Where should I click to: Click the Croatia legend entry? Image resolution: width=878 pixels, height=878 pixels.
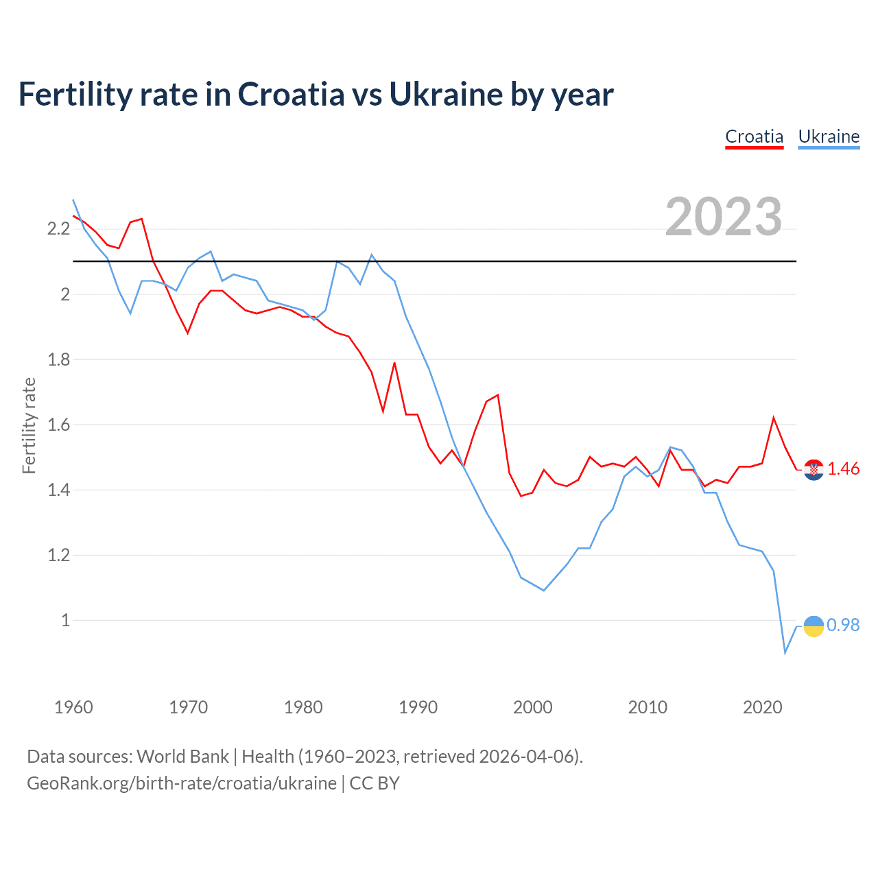point(754,137)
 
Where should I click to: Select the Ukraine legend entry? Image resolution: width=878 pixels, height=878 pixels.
point(829,137)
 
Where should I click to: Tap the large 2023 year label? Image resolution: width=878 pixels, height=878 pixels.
point(724,217)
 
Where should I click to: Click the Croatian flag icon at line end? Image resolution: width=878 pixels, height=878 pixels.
point(814,469)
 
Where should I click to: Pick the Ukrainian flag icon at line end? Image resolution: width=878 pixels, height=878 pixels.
point(814,626)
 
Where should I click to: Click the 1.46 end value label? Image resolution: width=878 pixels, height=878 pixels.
point(843,468)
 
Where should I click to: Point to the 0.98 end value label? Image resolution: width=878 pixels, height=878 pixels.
point(843,625)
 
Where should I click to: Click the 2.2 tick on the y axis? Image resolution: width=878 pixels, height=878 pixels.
point(58,229)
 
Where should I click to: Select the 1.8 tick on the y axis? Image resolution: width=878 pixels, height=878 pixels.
point(58,359)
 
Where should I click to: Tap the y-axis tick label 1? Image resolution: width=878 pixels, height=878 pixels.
point(65,620)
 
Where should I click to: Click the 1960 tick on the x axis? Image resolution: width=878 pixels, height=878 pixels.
point(73,707)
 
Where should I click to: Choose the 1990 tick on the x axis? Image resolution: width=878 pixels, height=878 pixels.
point(418,707)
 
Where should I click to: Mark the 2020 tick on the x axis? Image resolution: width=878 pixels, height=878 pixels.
point(762,707)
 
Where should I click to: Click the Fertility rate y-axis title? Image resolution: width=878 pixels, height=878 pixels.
point(29,425)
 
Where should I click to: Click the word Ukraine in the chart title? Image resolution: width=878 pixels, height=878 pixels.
point(445,95)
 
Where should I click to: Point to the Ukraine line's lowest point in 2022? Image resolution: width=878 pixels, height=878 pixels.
point(785,652)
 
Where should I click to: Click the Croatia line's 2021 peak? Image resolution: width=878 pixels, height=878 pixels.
point(774,418)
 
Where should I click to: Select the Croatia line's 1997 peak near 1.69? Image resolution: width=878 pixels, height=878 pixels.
point(497,395)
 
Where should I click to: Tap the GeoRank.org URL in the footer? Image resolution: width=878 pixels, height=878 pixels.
point(182,783)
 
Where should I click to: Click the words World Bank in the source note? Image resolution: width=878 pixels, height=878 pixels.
point(182,757)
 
